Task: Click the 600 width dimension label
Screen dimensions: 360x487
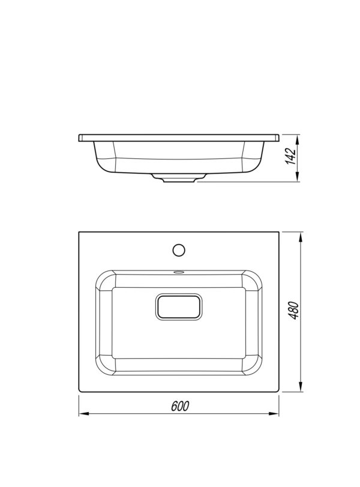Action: tap(180, 406)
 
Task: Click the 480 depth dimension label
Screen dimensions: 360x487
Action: tap(294, 310)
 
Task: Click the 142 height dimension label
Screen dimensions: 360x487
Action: tap(291, 157)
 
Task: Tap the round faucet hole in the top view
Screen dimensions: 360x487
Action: tap(179, 250)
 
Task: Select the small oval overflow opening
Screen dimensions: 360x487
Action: tap(179, 272)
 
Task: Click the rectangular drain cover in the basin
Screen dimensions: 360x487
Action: tap(179, 307)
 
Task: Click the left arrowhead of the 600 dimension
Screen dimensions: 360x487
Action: tap(84, 413)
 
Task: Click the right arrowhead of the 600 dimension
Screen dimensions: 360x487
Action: tap(274, 413)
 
